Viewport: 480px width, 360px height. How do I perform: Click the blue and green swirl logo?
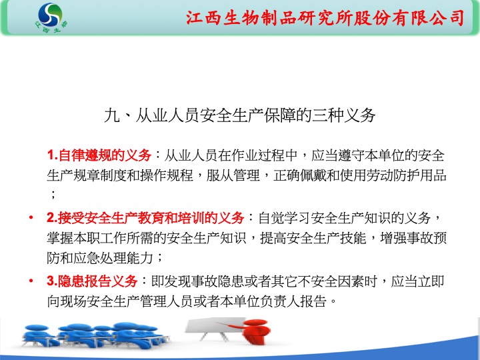pyautogui.click(x=50, y=15)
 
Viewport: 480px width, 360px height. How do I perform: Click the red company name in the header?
pyautogui.click(x=325, y=17)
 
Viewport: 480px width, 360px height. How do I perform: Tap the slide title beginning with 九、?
pyautogui.click(x=240, y=115)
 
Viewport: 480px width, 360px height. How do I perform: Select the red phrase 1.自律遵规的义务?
pyautogui.click(x=99, y=155)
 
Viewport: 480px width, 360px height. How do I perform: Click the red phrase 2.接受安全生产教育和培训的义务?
pyautogui.click(x=145, y=217)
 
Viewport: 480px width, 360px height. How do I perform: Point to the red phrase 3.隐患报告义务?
pyautogui.click(x=92, y=281)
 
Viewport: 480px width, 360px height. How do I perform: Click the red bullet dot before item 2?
pyautogui.click(x=31, y=217)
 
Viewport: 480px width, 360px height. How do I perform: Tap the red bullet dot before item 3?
pyautogui.click(x=31, y=281)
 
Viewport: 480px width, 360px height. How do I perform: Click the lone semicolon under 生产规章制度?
pyautogui.click(x=53, y=195)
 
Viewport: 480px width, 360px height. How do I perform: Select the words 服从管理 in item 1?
pyautogui.click(x=233, y=176)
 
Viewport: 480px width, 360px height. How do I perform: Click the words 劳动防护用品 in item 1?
pyautogui.click(x=407, y=176)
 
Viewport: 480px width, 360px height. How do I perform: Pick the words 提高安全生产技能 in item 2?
pyautogui.click(x=313, y=238)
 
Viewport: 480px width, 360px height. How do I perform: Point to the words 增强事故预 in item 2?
pyautogui.click(x=413, y=238)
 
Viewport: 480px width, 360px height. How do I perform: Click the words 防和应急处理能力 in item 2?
pyautogui.click(x=100, y=258)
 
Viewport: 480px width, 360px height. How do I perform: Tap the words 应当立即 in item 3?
pyautogui.click(x=417, y=281)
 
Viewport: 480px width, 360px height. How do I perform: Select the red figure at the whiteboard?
pyautogui.click(x=251, y=331)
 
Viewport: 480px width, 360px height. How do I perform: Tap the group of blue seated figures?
pyautogui.click(x=95, y=335)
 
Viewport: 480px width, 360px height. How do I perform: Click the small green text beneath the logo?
pyautogui.click(x=51, y=27)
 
